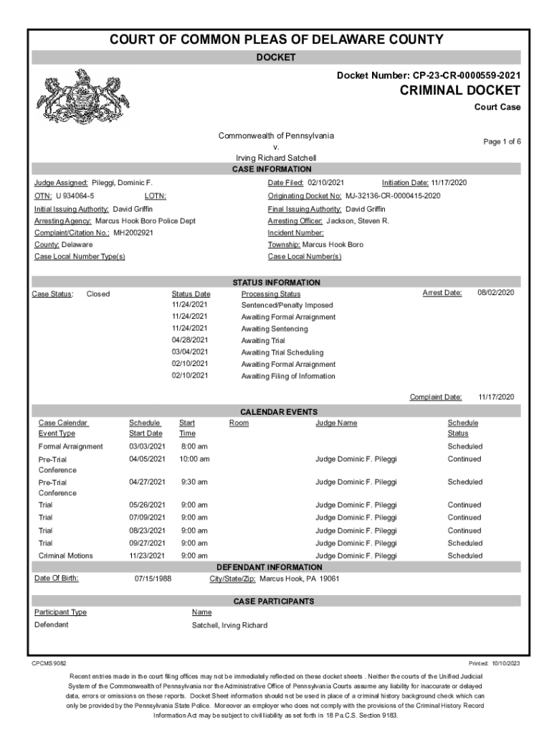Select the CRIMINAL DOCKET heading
pyautogui.click(x=460, y=90)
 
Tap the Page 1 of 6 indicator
pyautogui.click(x=502, y=142)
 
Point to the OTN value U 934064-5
pyautogui.click(x=75, y=196)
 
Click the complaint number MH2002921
pyautogui.click(x=133, y=233)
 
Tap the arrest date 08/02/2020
pyautogui.click(x=496, y=293)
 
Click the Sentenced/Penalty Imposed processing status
pyautogui.click(x=287, y=305)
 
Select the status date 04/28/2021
pyautogui.click(x=190, y=340)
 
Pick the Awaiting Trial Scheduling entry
pyautogui.click(x=282, y=352)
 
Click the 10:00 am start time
pyautogui.click(x=194, y=459)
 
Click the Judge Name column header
pyautogui.click(x=336, y=423)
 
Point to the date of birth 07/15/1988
pyautogui.click(x=153, y=578)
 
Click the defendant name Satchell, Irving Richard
pyautogui.click(x=229, y=625)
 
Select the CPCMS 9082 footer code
pyautogui.click(x=49, y=663)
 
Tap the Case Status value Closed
pyautogui.click(x=98, y=294)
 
